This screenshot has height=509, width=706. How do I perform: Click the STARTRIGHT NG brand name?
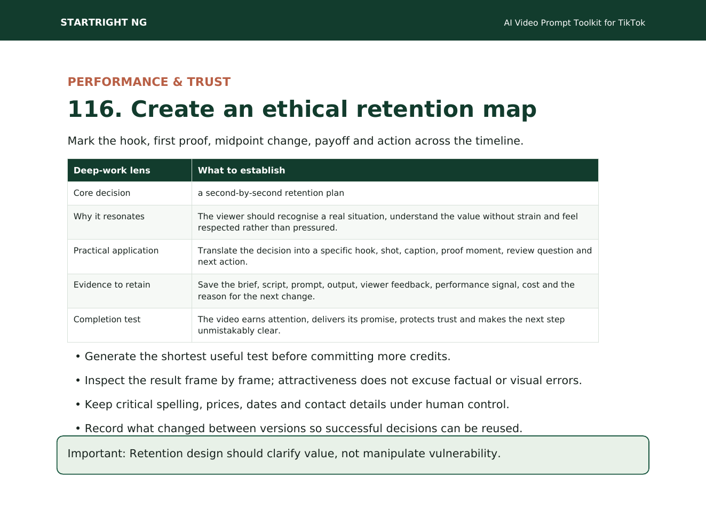(104, 22)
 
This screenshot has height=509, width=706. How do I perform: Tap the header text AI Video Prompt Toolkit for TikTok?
(574, 23)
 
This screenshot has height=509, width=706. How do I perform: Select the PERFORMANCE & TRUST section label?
(149, 82)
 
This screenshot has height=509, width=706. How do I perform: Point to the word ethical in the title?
(305, 109)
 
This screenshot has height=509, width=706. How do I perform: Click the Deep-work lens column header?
(112, 170)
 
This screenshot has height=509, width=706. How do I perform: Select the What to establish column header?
(241, 170)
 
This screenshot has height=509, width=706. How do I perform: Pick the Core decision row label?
(102, 193)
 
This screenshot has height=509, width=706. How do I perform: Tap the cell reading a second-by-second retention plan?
(271, 193)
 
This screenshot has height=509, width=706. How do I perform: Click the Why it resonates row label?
(109, 216)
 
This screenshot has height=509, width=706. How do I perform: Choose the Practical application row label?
(116, 251)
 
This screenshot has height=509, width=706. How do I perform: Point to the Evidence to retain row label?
(112, 284)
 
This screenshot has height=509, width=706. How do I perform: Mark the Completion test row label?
(107, 319)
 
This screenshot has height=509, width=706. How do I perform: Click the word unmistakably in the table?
(226, 331)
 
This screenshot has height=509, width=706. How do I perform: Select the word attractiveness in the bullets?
(318, 380)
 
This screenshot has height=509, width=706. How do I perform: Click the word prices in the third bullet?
(225, 404)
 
